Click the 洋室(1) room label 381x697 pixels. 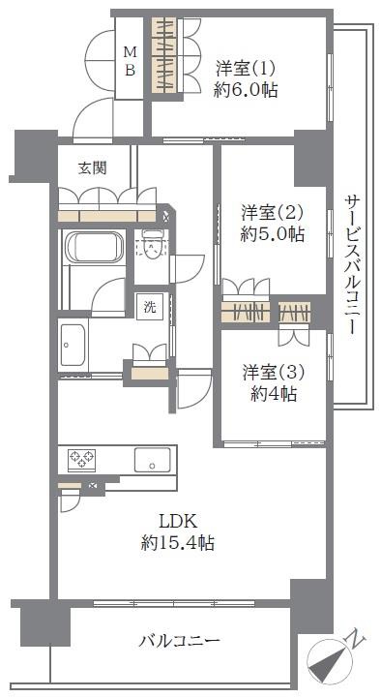click(x=246, y=69)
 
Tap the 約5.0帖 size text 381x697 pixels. click(x=272, y=233)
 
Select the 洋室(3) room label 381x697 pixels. click(x=273, y=373)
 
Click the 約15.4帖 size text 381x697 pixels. click(x=178, y=543)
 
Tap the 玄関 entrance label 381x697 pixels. click(x=93, y=168)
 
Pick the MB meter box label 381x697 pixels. click(x=130, y=62)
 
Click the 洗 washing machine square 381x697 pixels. click(x=150, y=307)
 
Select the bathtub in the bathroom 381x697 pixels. click(x=93, y=248)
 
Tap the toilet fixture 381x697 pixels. click(x=151, y=247)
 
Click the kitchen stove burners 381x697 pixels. click(x=81, y=460)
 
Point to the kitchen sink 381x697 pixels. click(x=153, y=461)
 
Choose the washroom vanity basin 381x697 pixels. click(x=73, y=346)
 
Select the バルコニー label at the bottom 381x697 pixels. click(x=180, y=641)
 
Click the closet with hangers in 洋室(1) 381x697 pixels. click(x=165, y=55)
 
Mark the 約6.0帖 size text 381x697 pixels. click(x=246, y=90)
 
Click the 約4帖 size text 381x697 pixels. click(x=273, y=394)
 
